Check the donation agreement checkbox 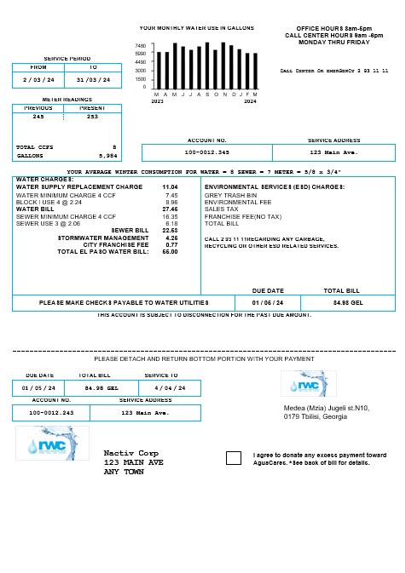(x=234, y=458)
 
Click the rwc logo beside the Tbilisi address (x=308, y=384)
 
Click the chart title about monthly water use (x=196, y=28)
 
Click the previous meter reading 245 (x=38, y=116)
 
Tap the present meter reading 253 (x=92, y=116)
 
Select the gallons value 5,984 (x=107, y=156)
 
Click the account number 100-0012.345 (x=206, y=152)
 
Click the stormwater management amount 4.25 (x=171, y=238)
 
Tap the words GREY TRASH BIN (x=226, y=195)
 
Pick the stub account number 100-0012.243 (x=51, y=413)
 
